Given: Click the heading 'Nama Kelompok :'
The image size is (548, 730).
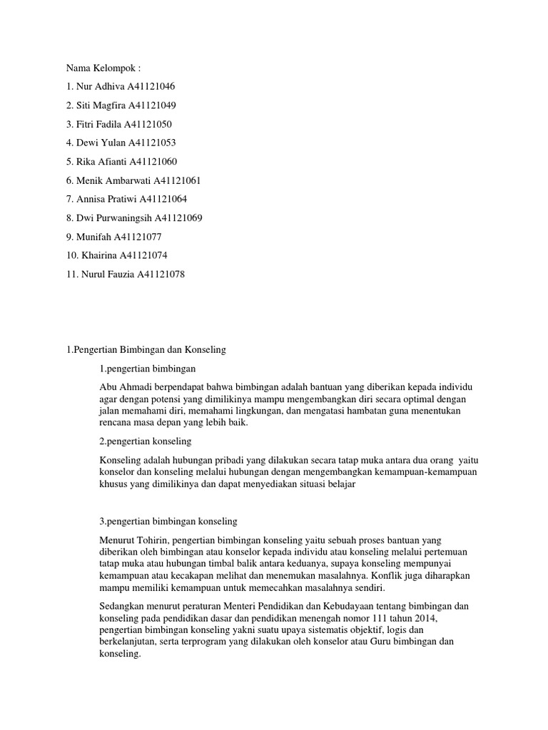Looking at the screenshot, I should (103, 68).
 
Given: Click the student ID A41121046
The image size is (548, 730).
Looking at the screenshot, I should (151, 87).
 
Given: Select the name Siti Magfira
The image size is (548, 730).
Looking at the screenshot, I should (101, 106).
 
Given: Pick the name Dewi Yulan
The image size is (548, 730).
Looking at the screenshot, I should (101, 143).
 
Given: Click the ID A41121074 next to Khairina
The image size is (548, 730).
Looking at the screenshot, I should (143, 255).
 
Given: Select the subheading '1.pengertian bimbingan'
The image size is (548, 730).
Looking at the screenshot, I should (148, 369).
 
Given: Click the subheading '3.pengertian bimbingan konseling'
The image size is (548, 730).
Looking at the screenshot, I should (168, 521).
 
